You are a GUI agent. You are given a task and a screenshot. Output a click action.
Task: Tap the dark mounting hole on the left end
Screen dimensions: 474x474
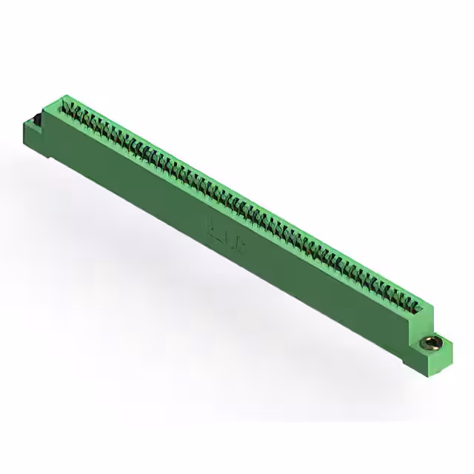(33, 118)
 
